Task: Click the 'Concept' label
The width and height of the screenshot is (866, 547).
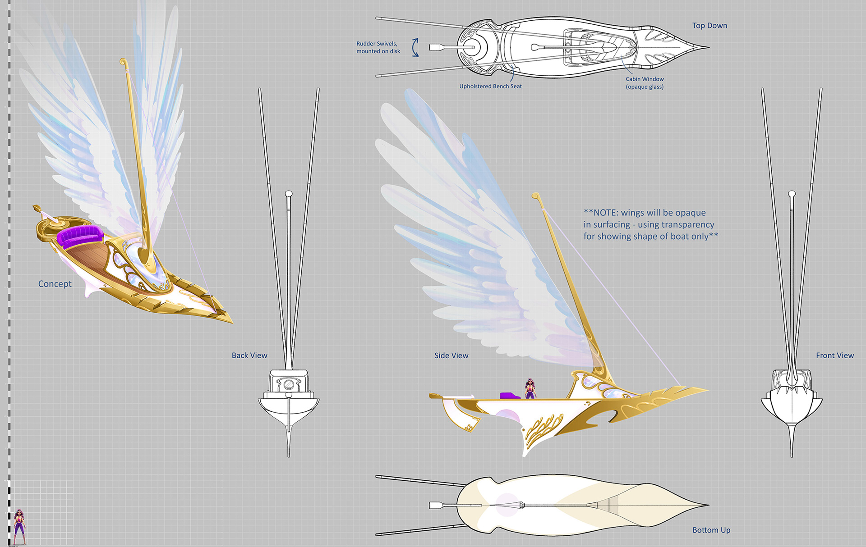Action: point(55,284)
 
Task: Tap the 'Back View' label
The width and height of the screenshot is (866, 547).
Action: point(249,356)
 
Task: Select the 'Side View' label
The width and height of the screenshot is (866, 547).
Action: point(451,356)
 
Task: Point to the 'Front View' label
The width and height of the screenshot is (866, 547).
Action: point(834,356)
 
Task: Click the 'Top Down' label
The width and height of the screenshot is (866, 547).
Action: point(709,26)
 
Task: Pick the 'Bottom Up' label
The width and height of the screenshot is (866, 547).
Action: point(711,530)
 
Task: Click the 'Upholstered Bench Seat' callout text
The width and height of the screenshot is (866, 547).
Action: point(490,86)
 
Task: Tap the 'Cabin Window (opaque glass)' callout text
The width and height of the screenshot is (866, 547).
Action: point(645,82)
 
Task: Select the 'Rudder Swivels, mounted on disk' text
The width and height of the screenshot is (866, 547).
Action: point(378,47)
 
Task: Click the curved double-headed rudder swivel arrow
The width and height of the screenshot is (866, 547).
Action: point(415,47)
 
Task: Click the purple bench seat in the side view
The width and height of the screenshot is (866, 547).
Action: point(510,396)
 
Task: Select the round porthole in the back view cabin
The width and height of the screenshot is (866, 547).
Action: point(288,385)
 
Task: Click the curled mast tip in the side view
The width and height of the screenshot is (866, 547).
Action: point(535,196)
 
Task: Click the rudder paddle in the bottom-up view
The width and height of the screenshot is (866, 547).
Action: point(437,505)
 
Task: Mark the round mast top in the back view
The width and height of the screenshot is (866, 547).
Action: point(289,194)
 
